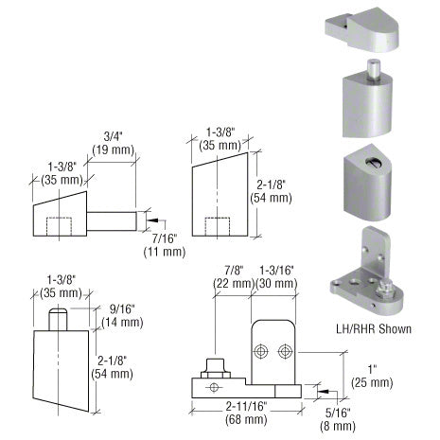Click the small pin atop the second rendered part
coord(374,70)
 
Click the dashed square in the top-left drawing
coord(62,224)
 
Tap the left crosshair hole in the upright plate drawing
coord(260,350)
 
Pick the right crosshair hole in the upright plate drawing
coord(285,350)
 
